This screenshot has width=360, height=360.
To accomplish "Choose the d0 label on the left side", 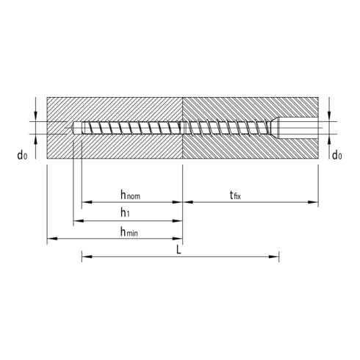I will [x=26, y=155].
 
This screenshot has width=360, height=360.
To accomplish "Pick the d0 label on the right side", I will [x=336, y=155].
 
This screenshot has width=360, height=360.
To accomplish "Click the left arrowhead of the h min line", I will [x=50, y=239].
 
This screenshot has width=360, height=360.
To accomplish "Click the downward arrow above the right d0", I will [x=329, y=117].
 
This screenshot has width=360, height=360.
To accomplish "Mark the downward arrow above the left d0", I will [x=34, y=118].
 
